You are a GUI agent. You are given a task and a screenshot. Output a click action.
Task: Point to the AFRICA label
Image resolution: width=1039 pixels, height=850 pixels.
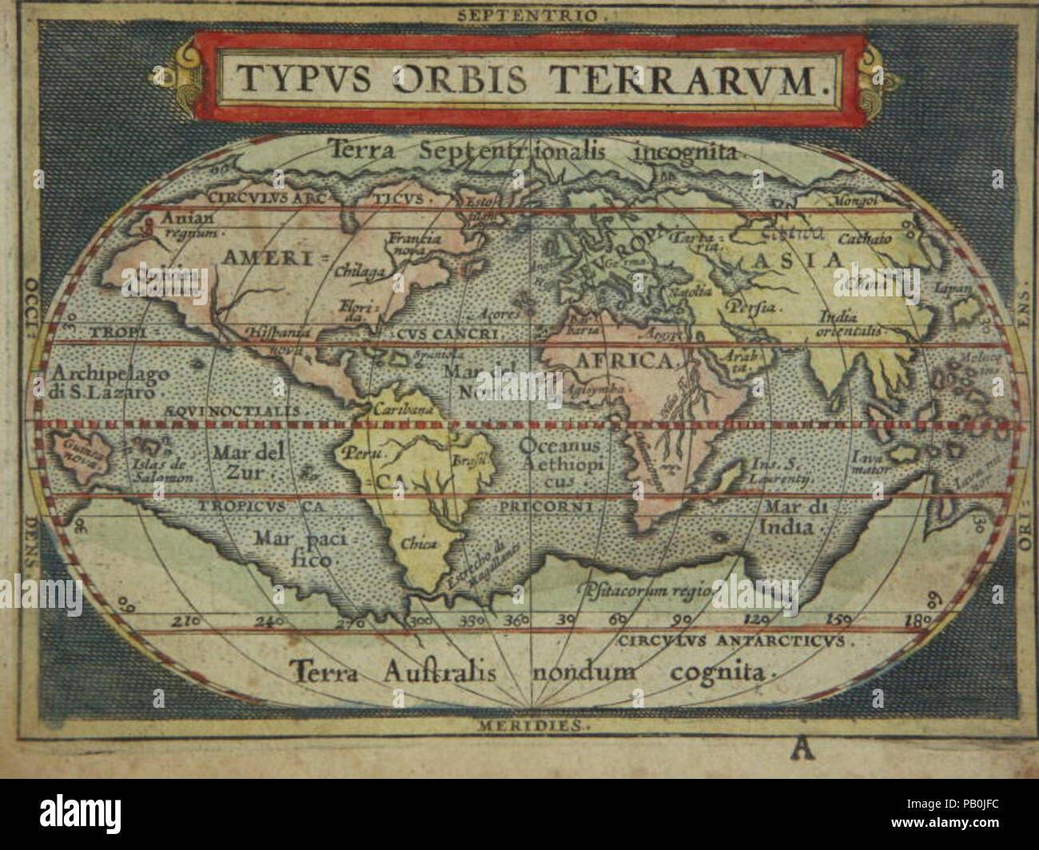tap(623, 362)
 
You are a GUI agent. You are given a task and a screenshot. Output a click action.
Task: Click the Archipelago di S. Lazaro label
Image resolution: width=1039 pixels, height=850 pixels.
tap(98, 382)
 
